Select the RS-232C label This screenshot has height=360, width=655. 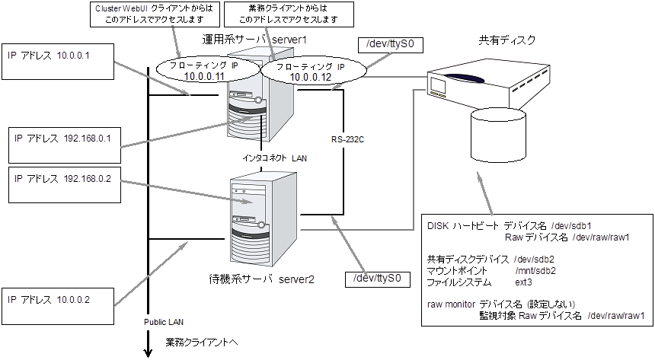(x=347, y=140)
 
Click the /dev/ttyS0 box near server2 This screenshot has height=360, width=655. (x=377, y=280)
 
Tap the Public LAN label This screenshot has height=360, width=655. (x=165, y=322)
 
